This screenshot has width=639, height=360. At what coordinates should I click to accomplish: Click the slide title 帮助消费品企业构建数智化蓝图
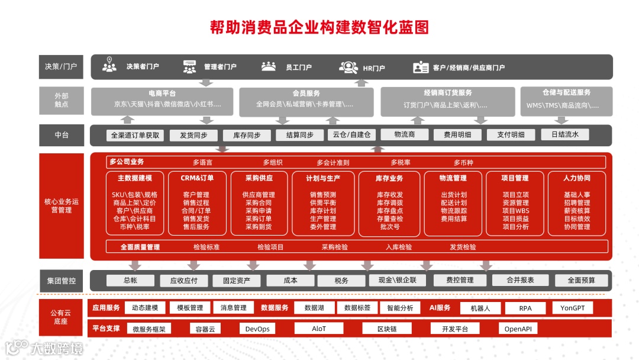[319, 27]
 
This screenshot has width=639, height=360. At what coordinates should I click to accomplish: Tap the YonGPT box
[572, 308]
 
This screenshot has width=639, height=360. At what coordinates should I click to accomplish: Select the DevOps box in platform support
[257, 329]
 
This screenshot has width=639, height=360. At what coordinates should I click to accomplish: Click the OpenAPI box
[518, 329]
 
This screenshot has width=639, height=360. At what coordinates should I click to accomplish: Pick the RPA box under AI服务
[525, 308]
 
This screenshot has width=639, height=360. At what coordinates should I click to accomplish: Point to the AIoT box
[319, 329]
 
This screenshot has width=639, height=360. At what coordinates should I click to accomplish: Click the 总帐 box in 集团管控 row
[130, 281]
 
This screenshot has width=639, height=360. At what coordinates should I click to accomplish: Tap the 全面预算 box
[581, 281]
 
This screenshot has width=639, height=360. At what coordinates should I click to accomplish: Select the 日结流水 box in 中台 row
[565, 134]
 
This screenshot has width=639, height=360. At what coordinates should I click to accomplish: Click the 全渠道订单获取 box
[135, 135]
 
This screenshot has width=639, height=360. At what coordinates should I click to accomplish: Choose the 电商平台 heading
[162, 94]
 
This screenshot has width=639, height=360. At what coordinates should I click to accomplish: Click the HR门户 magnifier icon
[348, 67]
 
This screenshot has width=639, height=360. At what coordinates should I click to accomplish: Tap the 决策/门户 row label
[61, 67]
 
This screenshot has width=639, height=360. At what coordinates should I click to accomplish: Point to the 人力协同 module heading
[577, 178]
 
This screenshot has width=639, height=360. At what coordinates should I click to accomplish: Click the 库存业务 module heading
[389, 178]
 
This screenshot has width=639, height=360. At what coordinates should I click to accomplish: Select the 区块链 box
[387, 329]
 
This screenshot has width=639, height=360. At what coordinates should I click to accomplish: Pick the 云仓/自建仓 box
[351, 134]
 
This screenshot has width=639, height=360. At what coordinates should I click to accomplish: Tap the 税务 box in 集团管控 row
[341, 281]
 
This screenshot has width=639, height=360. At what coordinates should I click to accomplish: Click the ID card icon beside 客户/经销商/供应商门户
[421, 67]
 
